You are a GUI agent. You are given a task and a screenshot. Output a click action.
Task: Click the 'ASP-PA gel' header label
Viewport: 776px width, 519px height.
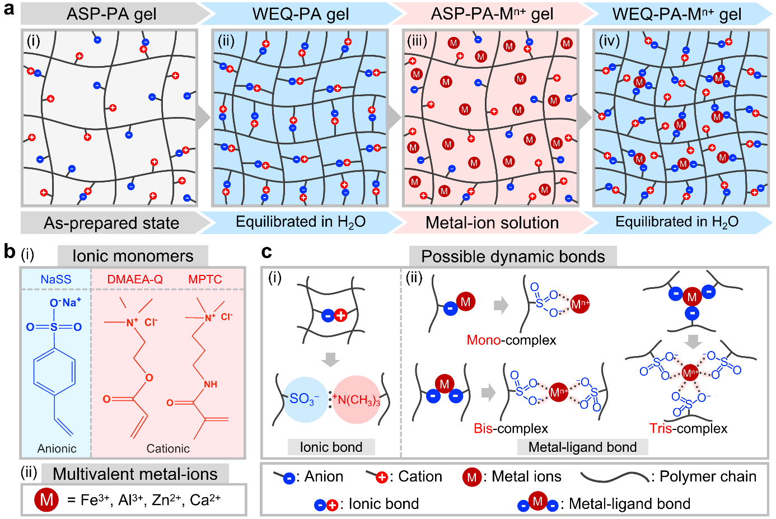111,13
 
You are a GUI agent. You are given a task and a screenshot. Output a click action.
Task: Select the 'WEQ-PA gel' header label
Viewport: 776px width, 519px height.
301,13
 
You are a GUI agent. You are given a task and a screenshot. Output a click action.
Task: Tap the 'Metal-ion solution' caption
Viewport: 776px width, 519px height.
492,223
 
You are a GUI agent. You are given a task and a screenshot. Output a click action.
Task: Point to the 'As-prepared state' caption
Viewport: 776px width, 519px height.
111,223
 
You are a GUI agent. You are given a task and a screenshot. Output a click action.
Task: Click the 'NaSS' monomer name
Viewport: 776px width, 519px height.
56,279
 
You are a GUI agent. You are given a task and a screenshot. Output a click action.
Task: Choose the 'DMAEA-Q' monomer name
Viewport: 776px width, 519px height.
135,279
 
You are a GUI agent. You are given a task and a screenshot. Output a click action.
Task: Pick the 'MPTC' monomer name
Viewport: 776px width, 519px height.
205,279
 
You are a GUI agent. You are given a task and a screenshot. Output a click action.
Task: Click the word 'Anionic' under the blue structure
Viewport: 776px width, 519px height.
57,448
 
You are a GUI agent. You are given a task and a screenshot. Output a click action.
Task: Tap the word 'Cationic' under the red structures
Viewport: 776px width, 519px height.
168,448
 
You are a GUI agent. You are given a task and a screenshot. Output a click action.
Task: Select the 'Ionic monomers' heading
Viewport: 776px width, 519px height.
133,256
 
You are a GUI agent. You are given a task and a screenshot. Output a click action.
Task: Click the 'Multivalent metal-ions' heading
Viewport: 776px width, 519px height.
135,474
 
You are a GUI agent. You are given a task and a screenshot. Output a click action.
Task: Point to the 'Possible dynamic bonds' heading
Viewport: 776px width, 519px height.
513,256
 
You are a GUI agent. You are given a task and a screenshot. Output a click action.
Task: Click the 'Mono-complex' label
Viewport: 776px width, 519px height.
511,340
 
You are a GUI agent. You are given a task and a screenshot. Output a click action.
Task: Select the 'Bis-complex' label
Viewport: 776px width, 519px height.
511,428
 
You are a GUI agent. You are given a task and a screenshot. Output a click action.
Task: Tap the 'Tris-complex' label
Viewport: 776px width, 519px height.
688,428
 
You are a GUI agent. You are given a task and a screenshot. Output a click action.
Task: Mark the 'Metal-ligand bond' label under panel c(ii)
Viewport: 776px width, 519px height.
582,447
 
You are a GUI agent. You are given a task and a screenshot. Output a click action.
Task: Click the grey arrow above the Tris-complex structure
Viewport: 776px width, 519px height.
694,340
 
